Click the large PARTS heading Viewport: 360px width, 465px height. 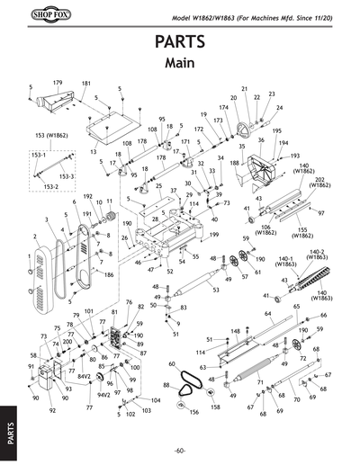point(180,43)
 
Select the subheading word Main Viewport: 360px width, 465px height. point(180,65)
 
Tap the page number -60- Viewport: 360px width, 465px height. point(180,450)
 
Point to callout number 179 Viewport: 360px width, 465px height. point(58,83)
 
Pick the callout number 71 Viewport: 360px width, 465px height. point(260,382)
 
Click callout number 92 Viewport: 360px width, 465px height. point(52,410)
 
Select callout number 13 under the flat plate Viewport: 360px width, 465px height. point(94,153)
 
